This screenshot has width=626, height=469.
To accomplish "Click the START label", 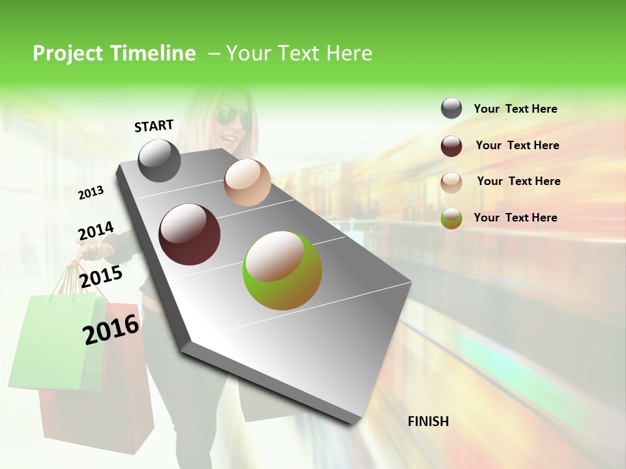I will pyautogui.click(x=154, y=126).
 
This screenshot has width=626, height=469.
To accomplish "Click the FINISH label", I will pyautogui.click(x=428, y=421).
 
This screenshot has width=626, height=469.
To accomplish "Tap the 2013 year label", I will pyautogui.click(x=91, y=192).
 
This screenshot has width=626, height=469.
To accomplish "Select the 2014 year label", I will pyautogui.click(x=96, y=231).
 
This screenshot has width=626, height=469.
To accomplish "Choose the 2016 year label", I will pyautogui.click(x=111, y=328).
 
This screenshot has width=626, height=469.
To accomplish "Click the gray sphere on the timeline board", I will pyautogui.click(x=160, y=160).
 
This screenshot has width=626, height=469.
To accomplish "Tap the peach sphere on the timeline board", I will pyautogui.click(x=247, y=182).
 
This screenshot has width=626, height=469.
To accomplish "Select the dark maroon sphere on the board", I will pyautogui.click(x=190, y=234).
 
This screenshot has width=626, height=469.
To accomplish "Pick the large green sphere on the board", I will pyautogui.click(x=282, y=270).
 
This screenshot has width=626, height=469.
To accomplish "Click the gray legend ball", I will pyautogui.click(x=451, y=108).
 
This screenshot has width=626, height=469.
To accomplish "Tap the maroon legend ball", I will pyautogui.click(x=451, y=146).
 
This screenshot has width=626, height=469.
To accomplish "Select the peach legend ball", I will pyautogui.click(x=451, y=182).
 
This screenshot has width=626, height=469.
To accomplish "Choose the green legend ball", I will pyautogui.click(x=451, y=218).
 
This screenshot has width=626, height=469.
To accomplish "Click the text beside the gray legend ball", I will pyautogui.click(x=515, y=109).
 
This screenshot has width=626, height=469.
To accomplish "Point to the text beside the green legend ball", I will pyautogui.click(x=515, y=218).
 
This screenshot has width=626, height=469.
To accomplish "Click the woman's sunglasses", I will pyautogui.click(x=234, y=117).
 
